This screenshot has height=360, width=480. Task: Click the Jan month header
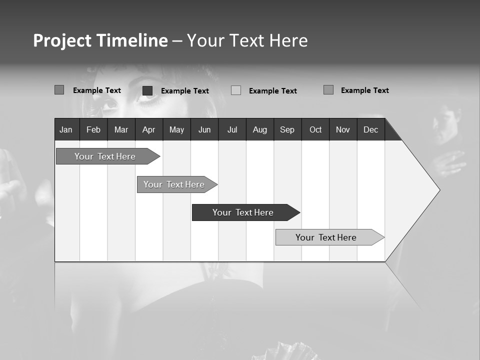click(x=66, y=129)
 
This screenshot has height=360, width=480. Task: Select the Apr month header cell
click(x=149, y=129)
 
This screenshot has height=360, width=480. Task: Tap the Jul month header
click(x=232, y=129)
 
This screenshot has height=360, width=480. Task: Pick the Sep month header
click(x=287, y=129)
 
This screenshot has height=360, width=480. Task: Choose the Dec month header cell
click(x=370, y=129)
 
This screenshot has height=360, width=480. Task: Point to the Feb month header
click(x=93, y=129)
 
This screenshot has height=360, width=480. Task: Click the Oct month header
click(x=315, y=129)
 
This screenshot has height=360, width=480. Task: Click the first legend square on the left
click(x=59, y=90)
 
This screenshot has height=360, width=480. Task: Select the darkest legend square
click(x=147, y=90)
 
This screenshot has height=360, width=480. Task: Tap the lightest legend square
click(x=236, y=90)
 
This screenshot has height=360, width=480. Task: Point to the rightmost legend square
click(x=328, y=90)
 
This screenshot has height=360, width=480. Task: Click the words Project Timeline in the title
click(x=100, y=40)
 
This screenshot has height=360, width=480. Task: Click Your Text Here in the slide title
click(x=247, y=40)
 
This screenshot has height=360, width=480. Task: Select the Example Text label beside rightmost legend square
click(x=364, y=90)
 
